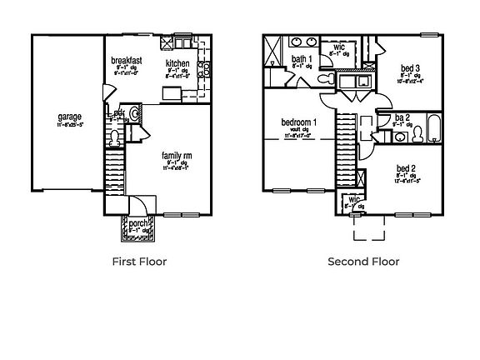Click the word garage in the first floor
(x=69, y=117)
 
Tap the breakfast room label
(x=127, y=60)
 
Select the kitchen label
(x=177, y=63)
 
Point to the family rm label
(x=176, y=154)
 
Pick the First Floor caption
(x=139, y=262)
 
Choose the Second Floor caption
(x=363, y=262)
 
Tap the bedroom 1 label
(x=297, y=122)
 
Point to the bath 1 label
(x=301, y=58)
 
